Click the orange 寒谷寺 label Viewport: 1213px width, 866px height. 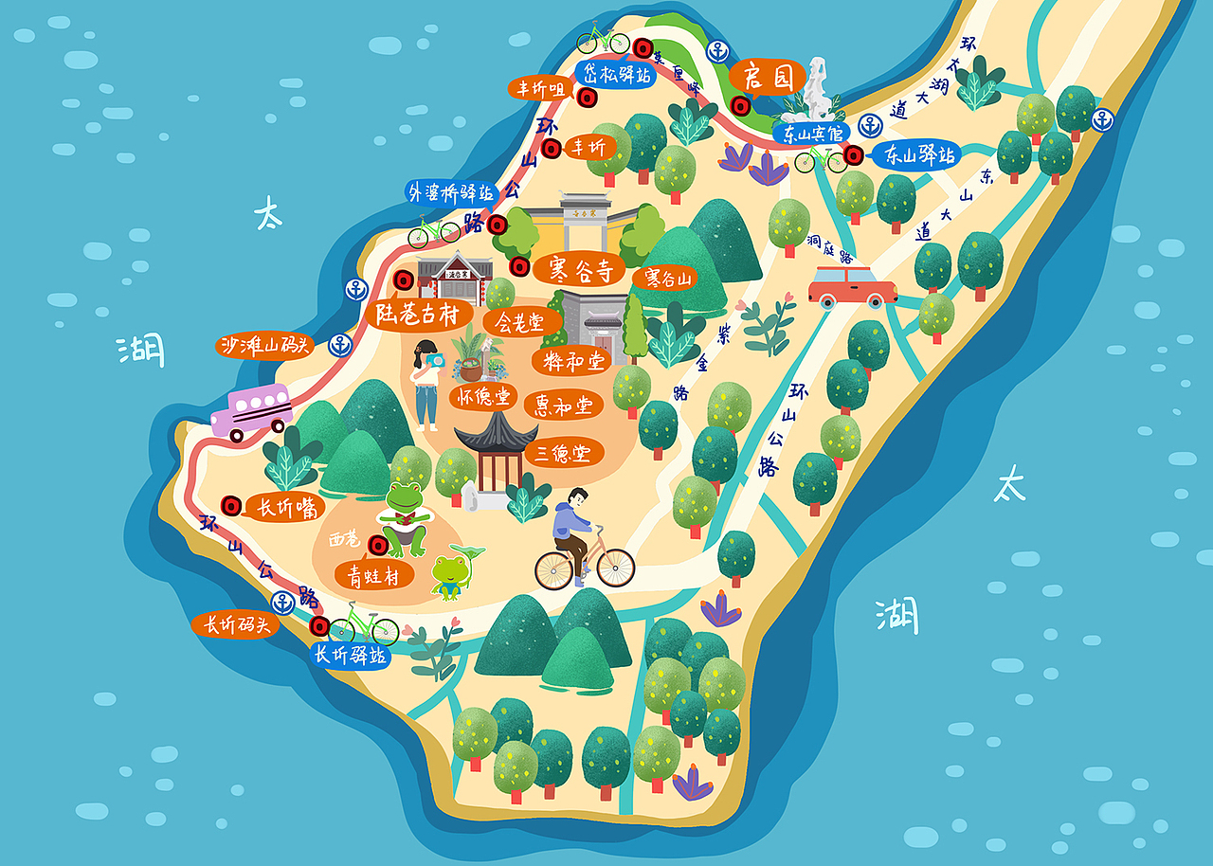[x=579, y=269]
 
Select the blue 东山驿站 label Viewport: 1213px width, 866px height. [x=917, y=154]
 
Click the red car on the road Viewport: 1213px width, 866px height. [x=852, y=286]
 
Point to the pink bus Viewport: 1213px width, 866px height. [x=251, y=411]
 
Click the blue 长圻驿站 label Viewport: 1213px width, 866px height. [x=351, y=655]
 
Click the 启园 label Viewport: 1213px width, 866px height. [x=767, y=77]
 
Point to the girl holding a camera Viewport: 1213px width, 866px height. [x=427, y=384]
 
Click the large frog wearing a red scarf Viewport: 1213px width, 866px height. [x=405, y=517]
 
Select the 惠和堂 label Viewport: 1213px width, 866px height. [x=563, y=406]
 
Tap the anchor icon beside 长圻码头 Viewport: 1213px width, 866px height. [x=282, y=602]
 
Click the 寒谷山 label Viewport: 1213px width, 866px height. [x=670, y=279]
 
